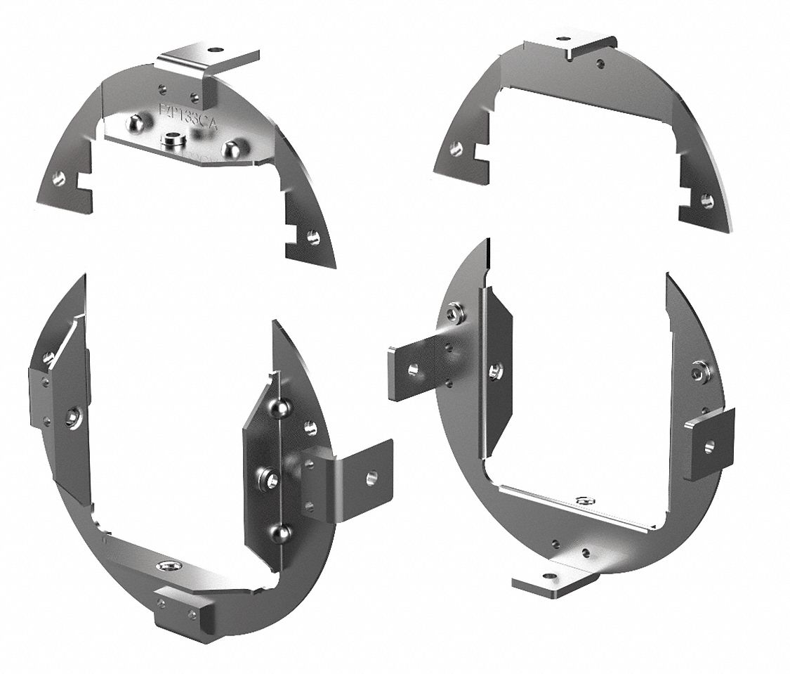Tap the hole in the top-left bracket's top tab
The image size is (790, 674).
point(216,50)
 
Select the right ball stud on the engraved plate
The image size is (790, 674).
point(230,148)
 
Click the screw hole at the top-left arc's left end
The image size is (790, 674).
point(59,179)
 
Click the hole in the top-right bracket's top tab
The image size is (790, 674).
point(562,39)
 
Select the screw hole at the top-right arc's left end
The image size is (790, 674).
point(456,148)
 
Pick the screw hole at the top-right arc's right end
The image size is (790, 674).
point(706,202)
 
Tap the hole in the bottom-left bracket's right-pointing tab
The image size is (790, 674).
point(371,477)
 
